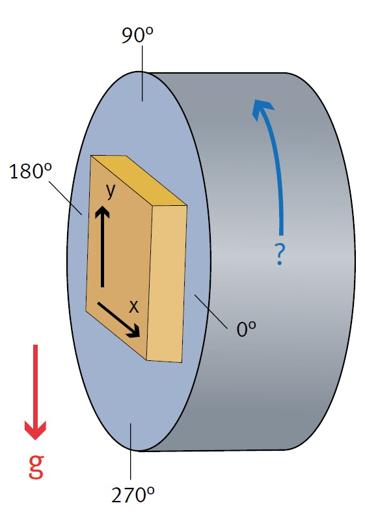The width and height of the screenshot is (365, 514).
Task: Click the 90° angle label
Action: coord(137,35)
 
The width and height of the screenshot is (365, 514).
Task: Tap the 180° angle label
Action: coord(31,171)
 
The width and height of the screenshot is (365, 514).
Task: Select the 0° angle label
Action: coord(246,329)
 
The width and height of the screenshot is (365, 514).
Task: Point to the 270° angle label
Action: coord(133,494)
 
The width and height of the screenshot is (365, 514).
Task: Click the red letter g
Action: coord(36,466)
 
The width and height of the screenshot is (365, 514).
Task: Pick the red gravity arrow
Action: coord(35,392)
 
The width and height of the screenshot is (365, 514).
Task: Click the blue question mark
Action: coord(279,254)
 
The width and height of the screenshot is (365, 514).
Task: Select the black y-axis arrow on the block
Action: coord(102,246)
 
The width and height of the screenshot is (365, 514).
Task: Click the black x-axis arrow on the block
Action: coord(119,320)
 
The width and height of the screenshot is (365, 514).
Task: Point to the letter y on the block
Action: coord(111,191)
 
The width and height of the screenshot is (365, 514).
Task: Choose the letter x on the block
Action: coord(133,307)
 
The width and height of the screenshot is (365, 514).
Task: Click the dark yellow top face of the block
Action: coord(139,180)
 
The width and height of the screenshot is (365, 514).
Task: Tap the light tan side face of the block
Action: coord(167,284)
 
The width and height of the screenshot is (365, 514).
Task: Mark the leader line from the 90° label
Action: coord(142,73)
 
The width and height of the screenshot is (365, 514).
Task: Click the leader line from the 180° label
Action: coord(66,198)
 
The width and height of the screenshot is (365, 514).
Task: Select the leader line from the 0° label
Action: coord(211,311)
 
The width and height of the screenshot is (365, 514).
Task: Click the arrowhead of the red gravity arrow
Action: coord(35,429)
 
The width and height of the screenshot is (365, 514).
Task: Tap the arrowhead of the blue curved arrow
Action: coord(262,108)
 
